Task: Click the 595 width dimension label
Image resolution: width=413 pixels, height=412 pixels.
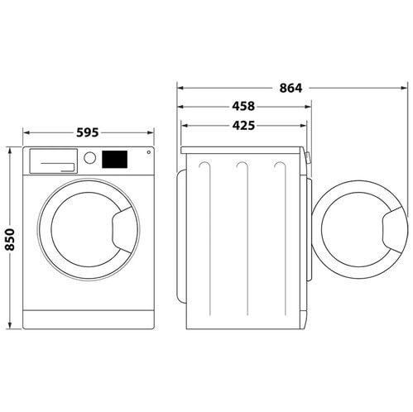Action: tap(88, 132)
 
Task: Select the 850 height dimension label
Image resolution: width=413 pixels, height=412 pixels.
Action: tap(10, 239)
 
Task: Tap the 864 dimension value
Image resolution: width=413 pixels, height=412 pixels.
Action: tap(291, 89)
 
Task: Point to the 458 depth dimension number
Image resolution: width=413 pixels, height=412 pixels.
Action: tap(243, 107)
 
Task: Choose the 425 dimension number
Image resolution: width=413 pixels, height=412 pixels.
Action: tap(243, 126)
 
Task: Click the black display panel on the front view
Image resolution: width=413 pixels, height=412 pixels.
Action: tap(114, 160)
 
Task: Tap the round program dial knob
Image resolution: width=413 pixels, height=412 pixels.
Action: tap(90, 158)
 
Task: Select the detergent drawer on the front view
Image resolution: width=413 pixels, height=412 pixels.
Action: tap(54, 161)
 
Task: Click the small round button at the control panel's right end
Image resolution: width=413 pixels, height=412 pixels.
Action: tap(149, 152)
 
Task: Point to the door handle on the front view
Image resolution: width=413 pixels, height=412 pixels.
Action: tap(122, 229)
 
